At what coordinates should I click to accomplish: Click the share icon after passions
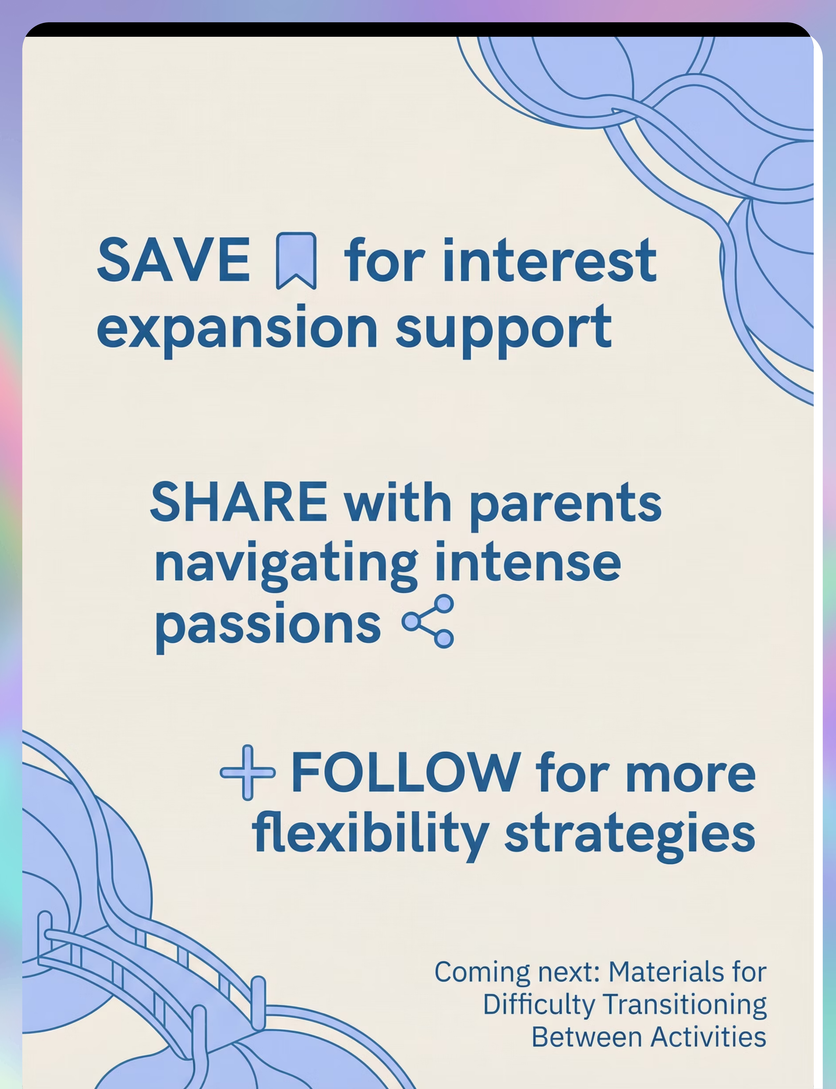[428, 621]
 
